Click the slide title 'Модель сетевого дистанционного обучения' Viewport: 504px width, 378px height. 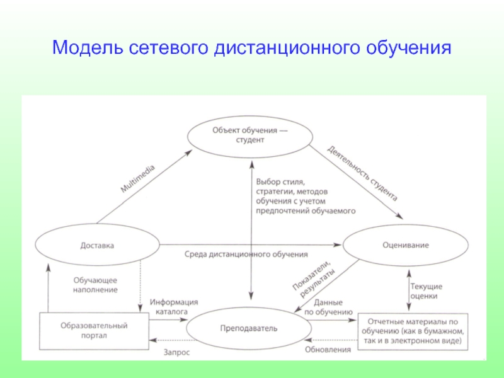(252, 47)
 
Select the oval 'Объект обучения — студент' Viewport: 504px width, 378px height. (251, 135)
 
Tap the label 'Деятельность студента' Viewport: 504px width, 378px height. (362, 172)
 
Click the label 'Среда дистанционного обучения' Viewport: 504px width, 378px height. (246, 255)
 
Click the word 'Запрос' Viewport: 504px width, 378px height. (176, 353)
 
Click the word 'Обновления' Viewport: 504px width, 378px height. (327, 349)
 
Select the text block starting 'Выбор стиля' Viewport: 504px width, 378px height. (306, 196)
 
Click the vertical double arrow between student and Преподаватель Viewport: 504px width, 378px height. (251, 227)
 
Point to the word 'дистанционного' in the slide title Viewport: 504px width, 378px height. (277, 47)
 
